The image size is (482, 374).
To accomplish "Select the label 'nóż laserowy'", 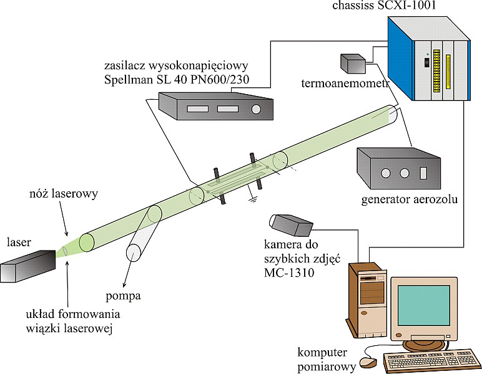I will (x=61, y=194).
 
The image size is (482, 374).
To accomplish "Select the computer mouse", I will (x=369, y=361).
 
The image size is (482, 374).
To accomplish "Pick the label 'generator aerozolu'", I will (x=410, y=200).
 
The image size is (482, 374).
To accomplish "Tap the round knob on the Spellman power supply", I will (x=255, y=109).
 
